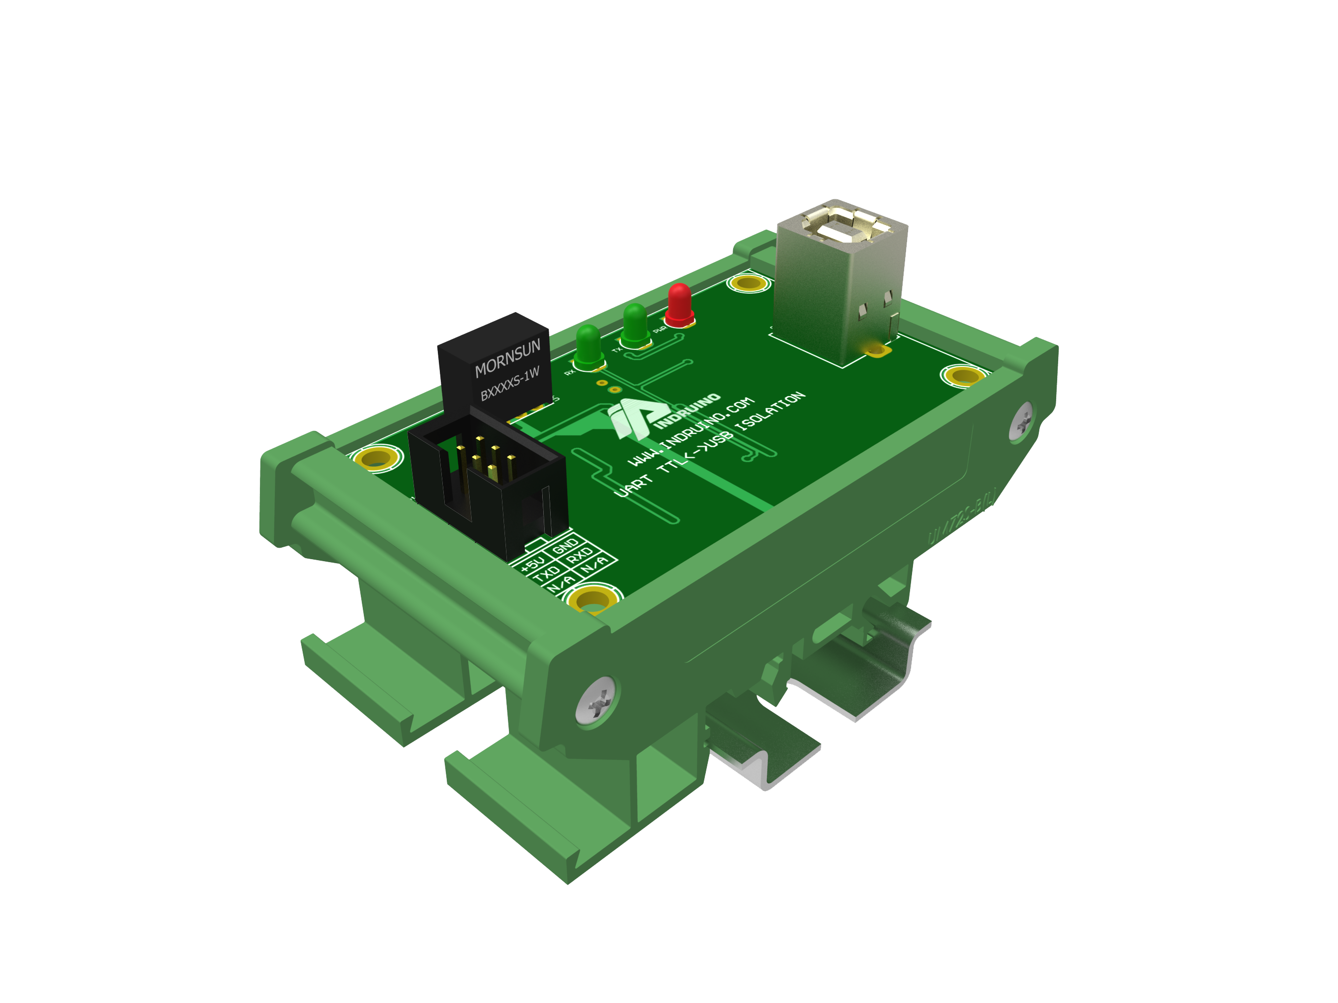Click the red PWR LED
coord(679,304)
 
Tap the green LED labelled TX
coord(635,325)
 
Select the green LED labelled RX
coord(588,346)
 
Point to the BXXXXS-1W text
coord(509,384)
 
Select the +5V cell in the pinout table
coord(532,563)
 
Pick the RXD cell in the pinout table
coord(579,555)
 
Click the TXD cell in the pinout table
coord(547,572)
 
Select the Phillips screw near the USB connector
coord(1022,421)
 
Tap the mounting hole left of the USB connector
coord(749,282)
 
